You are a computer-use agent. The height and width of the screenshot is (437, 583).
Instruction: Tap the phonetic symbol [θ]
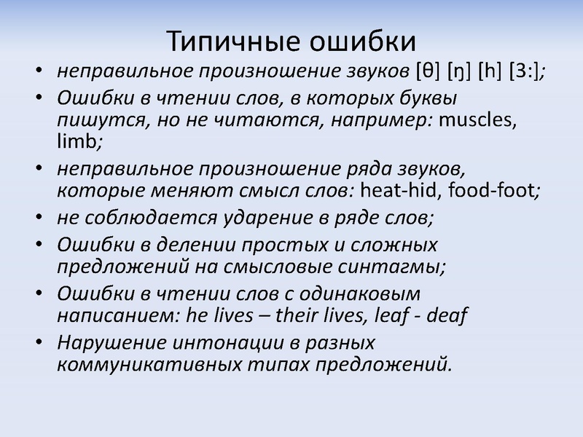(x=426, y=72)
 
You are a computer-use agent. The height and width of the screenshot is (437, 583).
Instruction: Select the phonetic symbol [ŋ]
(x=458, y=72)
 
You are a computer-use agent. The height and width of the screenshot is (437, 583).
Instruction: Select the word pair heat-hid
(x=401, y=192)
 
